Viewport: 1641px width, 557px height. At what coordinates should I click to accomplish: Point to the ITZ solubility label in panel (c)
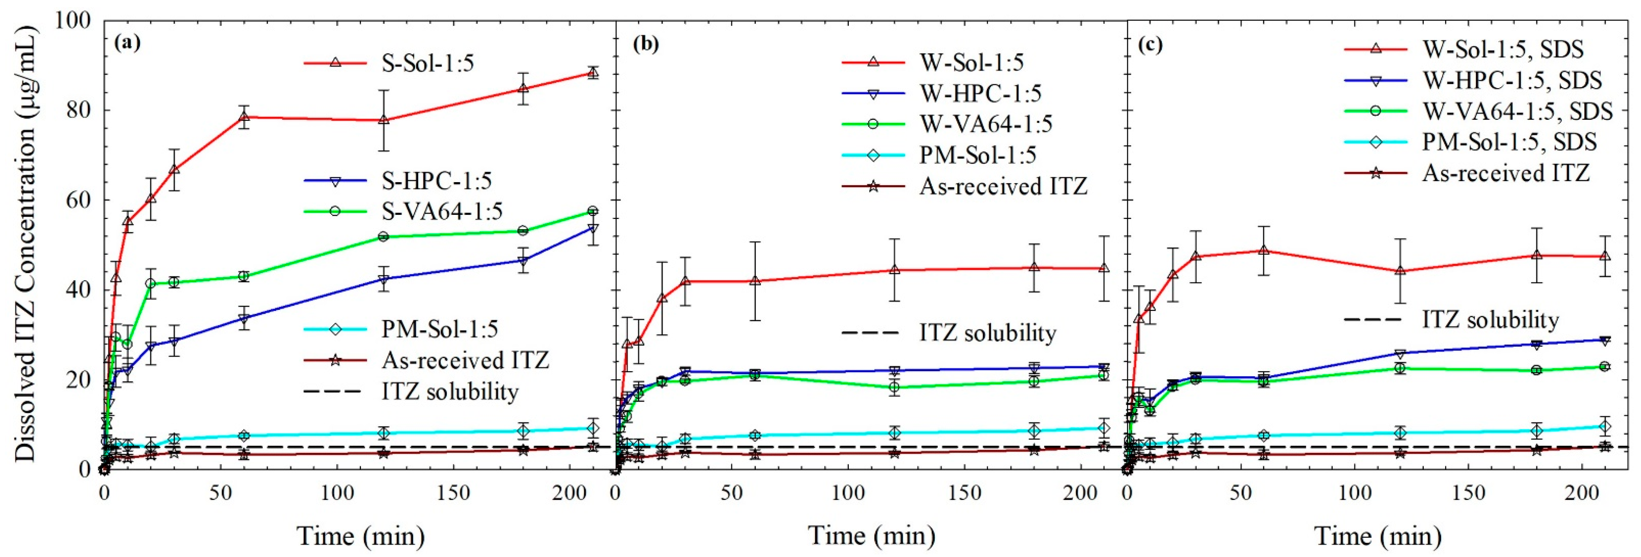pos(1491,320)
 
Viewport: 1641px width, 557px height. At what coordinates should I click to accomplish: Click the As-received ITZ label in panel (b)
pos(1003,187)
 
